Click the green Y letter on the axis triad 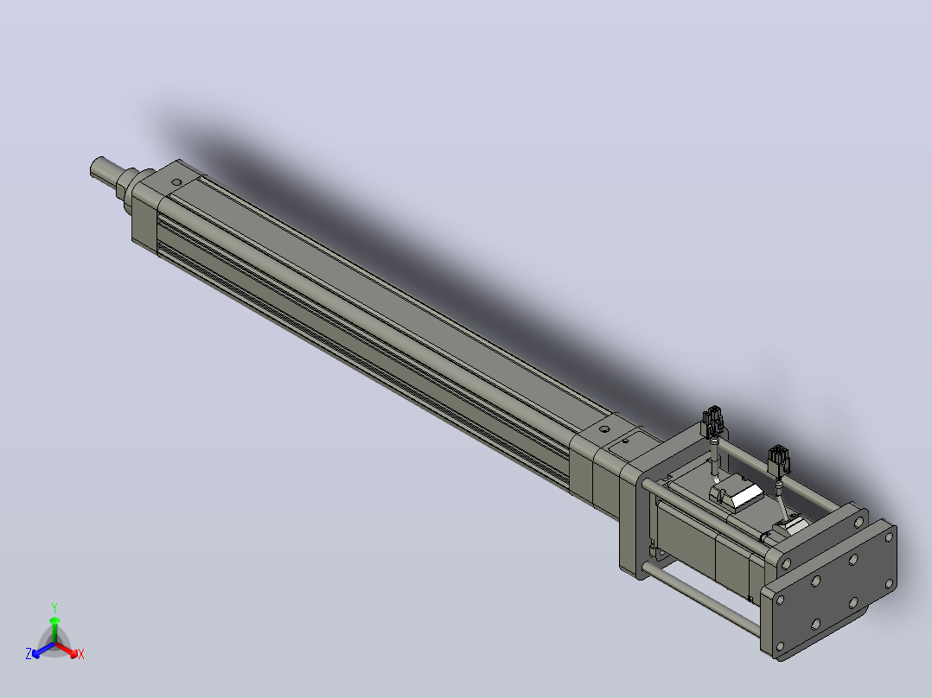click(54, 607)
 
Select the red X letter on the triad click(81, 654)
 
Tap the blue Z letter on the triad click(29, 654)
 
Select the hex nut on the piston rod click(126, 183)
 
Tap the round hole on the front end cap click(176, 183)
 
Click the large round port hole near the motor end click(603, 428)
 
